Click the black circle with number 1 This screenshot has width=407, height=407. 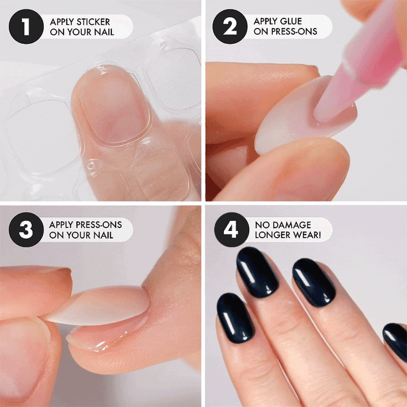click(26, 26)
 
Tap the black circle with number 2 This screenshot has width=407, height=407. click(230, 26)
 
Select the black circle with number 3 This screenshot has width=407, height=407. click(26, 230)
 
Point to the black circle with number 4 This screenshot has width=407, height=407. click(231, 230)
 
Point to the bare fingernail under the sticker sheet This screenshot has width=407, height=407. click(114, 106)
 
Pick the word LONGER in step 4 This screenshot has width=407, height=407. click(270, 235)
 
